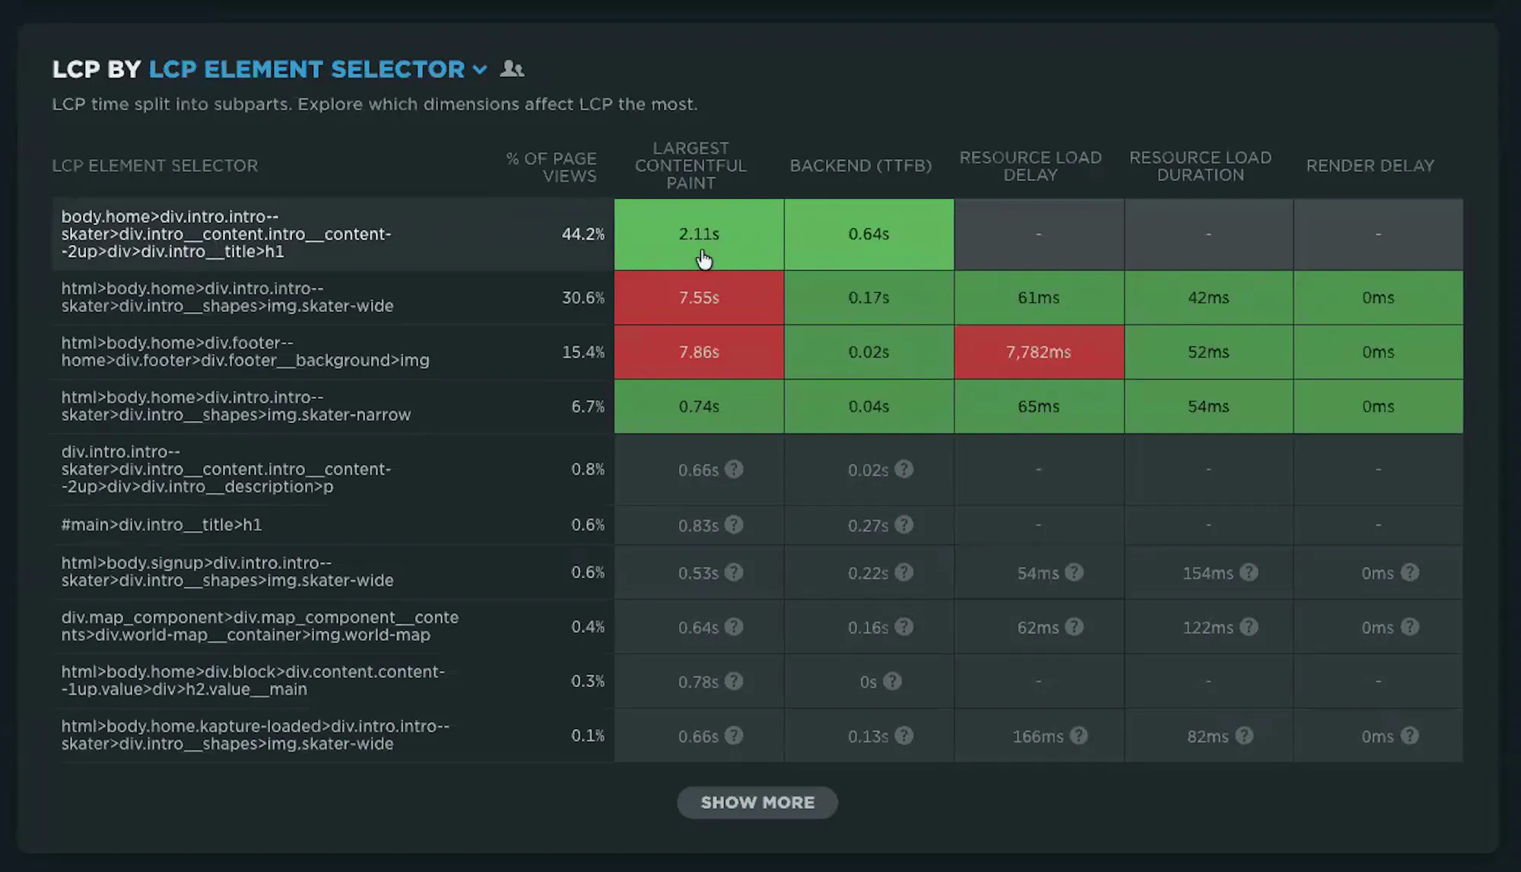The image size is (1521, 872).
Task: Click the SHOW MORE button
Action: tap(757, 803)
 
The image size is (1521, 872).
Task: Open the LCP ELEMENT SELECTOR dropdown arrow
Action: tap(480, 70)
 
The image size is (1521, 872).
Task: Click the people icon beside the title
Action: tap(512, 69)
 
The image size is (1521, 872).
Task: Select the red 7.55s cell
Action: tap(699, 298)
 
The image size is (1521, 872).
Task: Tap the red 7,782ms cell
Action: tap(1039, 352)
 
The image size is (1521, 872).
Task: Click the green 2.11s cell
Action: tap(699, 234)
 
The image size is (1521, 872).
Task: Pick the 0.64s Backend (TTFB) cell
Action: tap(869, 234)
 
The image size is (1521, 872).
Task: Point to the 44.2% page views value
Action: tap(583, 234)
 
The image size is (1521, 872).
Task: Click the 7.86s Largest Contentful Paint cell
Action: tap(699, 352)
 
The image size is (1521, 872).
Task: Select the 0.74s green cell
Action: tap(699, 407)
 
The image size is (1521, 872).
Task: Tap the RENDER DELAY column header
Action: tap(1370, 166)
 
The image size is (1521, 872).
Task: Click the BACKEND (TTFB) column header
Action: tap(861, 166)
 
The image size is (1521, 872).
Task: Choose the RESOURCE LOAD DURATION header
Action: tap(1200, 166)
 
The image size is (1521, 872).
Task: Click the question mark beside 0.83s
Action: tap(734, 525)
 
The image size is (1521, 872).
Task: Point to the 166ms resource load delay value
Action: tap(1038, 737)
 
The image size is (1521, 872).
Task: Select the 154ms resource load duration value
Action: tap(1208, 573)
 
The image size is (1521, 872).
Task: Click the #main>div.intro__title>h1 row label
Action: tap(161, 525)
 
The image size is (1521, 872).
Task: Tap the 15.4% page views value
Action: tap(583, 352)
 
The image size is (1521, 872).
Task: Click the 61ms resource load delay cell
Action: tap(1039, 298)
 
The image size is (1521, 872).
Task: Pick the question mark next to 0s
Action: tap(893, 682)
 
